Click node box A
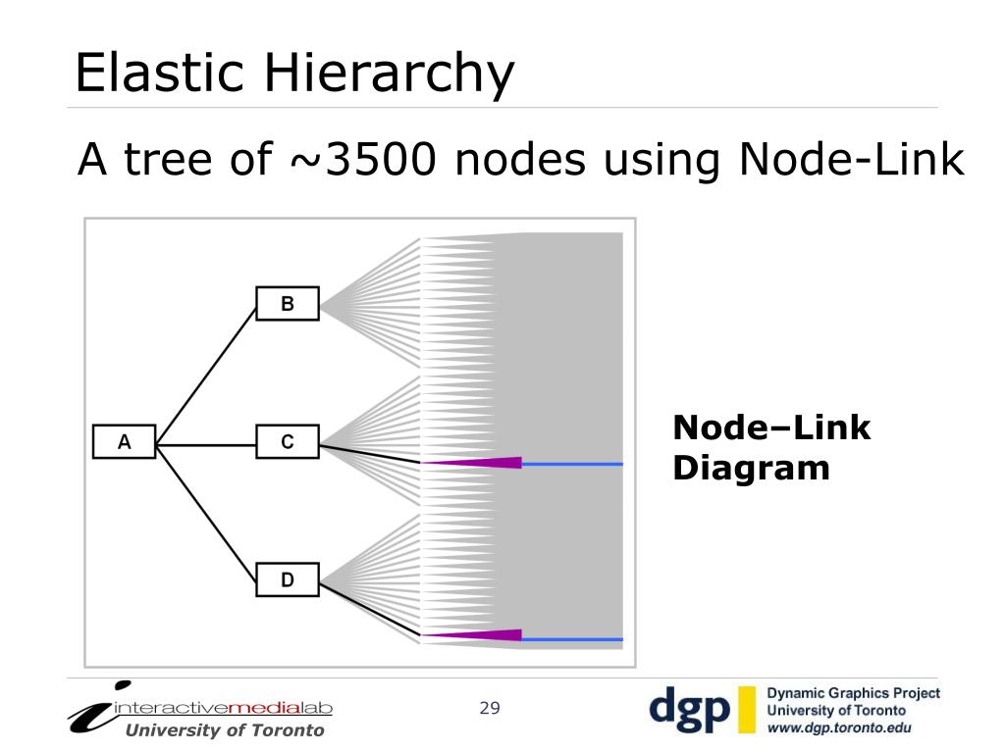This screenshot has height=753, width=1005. click(125, 442)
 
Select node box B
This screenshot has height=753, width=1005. click(288, 304)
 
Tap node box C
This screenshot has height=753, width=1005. click(288, 442)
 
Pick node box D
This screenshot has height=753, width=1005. click(288, 579)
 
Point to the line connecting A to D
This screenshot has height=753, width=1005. click(206, 512)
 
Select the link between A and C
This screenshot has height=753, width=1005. click(206, 444)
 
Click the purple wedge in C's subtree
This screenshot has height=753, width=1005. click(481, 462)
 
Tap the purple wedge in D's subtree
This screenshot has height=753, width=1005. click(481, 635)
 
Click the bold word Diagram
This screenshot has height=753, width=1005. click(751, 468)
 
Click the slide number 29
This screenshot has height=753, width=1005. click(490, 708)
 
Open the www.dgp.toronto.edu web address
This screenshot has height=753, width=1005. click(839, 728)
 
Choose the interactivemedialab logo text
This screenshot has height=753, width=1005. click(224, 708)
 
